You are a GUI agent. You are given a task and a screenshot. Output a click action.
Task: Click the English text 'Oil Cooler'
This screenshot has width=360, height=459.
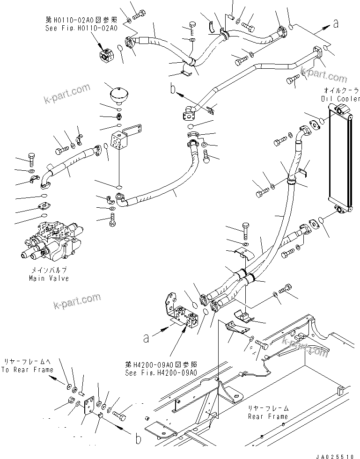[341, 99]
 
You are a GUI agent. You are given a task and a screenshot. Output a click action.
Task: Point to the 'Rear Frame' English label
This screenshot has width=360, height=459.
[268, 416]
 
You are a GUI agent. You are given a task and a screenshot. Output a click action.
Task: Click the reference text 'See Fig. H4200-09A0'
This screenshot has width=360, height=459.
[161, 372]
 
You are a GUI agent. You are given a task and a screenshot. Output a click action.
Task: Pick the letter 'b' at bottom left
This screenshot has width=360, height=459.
[138, 439]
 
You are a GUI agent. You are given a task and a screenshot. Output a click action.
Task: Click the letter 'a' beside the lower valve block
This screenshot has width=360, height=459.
[147, 338]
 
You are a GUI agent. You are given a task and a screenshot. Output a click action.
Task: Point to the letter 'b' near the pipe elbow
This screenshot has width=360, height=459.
[173, 87]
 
